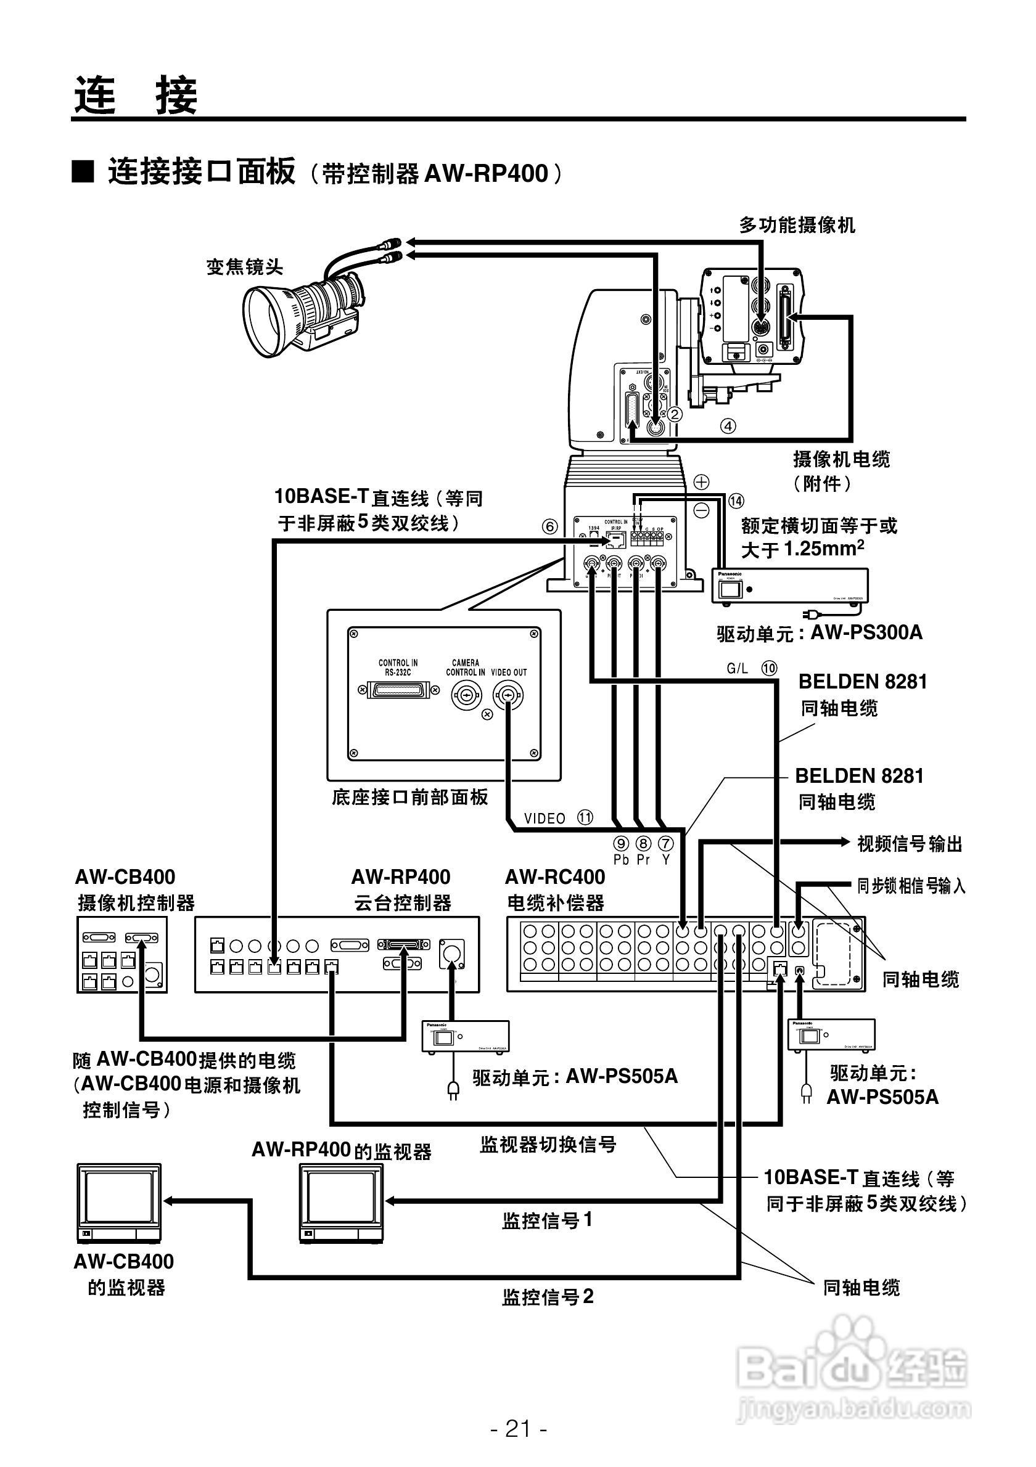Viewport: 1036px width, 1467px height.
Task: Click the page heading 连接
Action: [136, 96]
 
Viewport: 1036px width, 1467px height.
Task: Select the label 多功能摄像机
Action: [796, 225]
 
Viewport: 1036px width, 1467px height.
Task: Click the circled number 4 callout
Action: [728, 425]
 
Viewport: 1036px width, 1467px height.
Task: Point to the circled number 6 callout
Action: [549, 526]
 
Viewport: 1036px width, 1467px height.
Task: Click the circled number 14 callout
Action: [736, 501]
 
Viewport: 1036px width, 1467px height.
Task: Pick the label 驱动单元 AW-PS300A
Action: [820, 633]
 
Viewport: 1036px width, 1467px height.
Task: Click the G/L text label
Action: [737, 668]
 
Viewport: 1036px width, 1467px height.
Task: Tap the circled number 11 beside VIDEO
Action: [585, 817]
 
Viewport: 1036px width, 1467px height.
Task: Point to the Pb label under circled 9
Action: [620, 860]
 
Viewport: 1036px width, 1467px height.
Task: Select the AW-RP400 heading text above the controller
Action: [401, 877]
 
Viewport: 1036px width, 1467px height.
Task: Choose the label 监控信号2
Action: [548, 1297]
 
